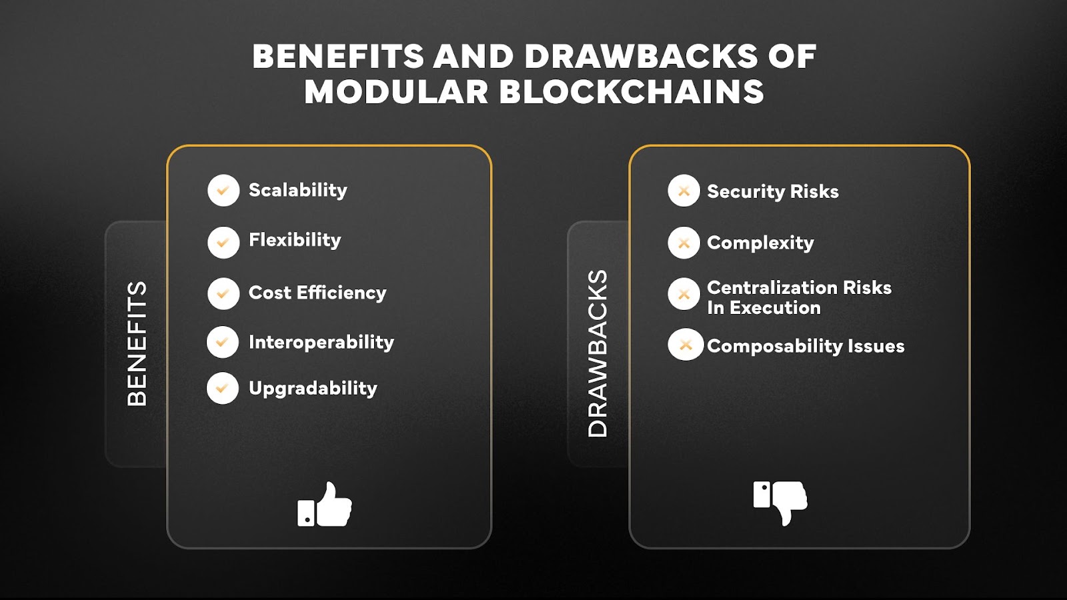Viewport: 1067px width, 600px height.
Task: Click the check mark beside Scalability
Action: click(x=223, y=191)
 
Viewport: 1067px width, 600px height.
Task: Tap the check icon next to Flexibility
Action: click(x=223, y=243)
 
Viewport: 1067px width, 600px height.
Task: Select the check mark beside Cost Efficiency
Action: click(x=223, y=294)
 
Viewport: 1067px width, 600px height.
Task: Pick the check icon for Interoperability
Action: click(x=223, y=342)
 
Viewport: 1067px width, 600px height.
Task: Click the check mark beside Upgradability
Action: click(x=223, y=388)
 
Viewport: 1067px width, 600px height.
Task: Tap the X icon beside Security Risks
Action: click(x=684, y=191)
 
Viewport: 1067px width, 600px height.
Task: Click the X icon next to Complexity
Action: click(x=684, y=243)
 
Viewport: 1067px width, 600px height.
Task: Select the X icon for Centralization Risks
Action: click(x=684, y=294)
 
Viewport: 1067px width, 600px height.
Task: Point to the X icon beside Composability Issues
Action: click(x=686, y=345)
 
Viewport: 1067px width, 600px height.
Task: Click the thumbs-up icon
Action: click(x=325, y=505)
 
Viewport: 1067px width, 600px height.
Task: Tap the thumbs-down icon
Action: click(x=780, y=501)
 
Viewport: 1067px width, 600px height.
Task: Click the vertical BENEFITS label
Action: click(x=137, y=343)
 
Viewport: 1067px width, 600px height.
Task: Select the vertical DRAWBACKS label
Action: click(x=598, y=353)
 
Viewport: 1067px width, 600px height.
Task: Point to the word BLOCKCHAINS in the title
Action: click(x=632, y=92)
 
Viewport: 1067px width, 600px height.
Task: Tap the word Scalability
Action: click(x=297, y=191)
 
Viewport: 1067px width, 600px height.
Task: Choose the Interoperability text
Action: click(x=321, y=343)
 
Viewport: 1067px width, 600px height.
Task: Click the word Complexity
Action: click(x=760, y=243)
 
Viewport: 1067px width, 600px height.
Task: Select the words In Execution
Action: click(x=764, y=308)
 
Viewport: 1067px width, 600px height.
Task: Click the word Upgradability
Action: click(x=313, y=389)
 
